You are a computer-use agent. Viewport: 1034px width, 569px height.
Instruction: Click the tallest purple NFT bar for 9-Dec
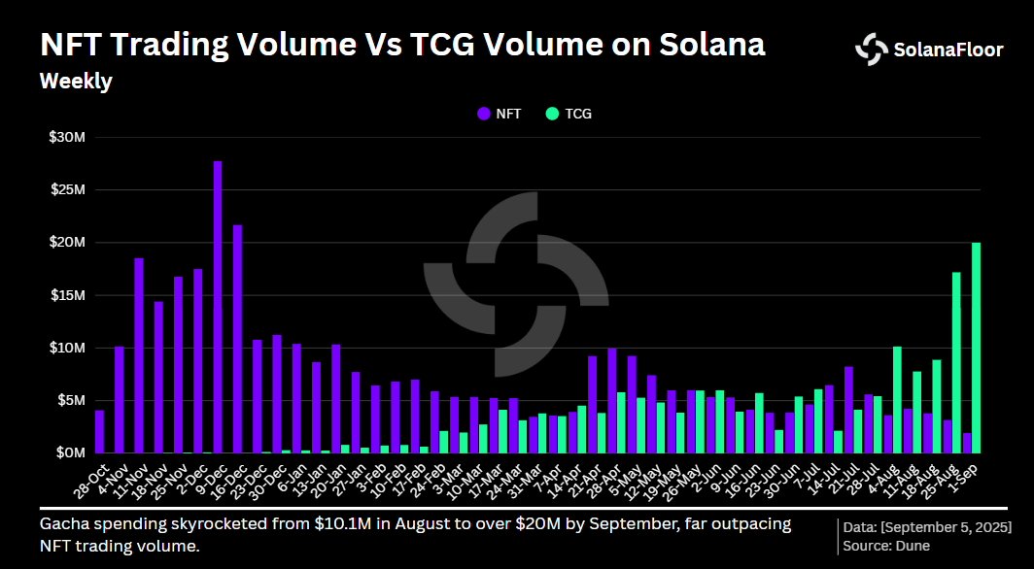coord(218,307)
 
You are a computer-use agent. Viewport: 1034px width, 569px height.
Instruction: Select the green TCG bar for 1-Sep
coord(976,348)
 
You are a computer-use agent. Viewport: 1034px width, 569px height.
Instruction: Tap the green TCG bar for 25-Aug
coord(956,362)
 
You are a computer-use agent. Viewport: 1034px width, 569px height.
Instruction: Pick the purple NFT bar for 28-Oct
coord(99,431)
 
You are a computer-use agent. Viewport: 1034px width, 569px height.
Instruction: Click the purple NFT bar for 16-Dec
coord(237,339)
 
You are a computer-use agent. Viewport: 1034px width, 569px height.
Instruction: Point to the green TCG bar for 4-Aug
coord(897,399)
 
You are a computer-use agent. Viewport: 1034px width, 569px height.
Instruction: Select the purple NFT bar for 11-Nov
coord(139,355)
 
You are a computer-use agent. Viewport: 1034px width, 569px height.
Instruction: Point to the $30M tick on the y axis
coord(68,138)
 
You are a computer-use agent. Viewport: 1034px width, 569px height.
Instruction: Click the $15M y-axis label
coord(68,295)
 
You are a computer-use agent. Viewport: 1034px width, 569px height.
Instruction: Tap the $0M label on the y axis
coord(72,452)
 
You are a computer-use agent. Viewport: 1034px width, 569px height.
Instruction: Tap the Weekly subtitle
coord(75,82)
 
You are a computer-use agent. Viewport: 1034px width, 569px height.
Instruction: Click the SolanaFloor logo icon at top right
coord(871,49)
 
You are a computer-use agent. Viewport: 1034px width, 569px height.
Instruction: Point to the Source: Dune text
coord(887,546)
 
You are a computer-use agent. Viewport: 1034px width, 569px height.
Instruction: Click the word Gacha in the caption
coord(60,524)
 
